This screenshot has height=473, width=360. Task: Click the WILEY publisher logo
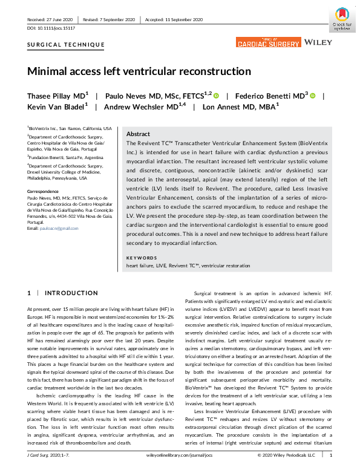tap(319, 43)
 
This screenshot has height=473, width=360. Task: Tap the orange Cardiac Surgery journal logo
tap(268, 42)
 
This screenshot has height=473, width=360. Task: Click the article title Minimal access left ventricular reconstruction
tap(139, 71)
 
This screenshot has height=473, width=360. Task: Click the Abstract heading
tap(138, 134)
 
